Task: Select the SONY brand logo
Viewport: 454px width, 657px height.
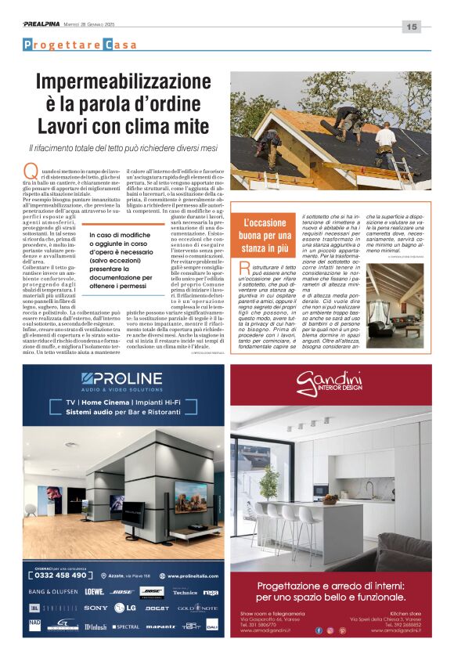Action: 95,608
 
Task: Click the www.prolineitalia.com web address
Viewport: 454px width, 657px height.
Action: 184,575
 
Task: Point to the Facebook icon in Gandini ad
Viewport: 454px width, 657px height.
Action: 318,630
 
